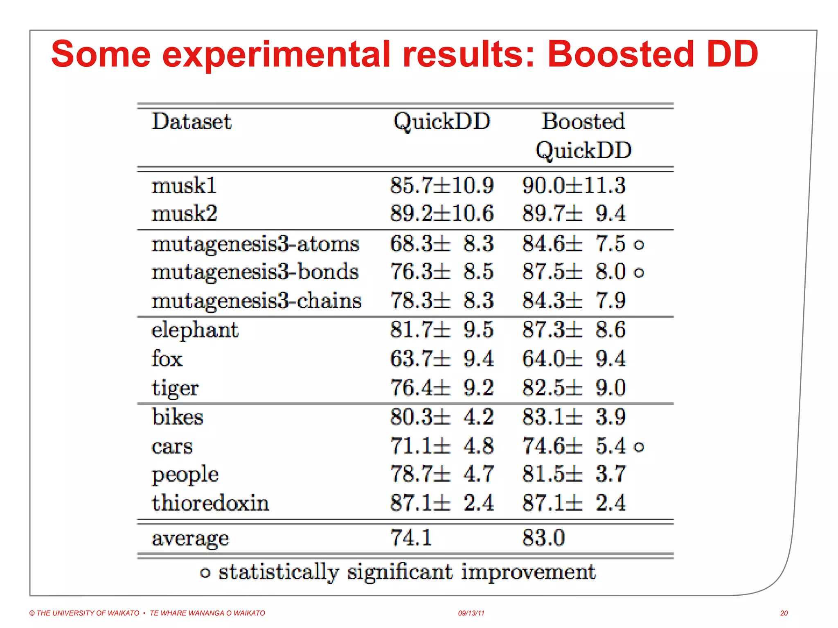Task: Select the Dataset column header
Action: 191,121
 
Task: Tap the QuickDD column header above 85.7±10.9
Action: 442,121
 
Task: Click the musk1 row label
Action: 184,186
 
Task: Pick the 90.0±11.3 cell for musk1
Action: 574,186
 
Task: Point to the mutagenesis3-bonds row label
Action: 255,272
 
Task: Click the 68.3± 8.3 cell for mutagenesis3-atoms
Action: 442,244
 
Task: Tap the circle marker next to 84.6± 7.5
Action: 639,245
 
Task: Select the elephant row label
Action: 195,330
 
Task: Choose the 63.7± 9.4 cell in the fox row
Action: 442,359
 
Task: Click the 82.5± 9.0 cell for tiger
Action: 574,388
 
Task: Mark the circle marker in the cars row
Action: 639,447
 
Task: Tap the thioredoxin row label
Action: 210,503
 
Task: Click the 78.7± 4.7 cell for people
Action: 442,474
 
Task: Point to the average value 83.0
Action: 543,538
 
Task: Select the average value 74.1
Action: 411,538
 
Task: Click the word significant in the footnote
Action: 400,572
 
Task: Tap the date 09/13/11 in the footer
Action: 471,613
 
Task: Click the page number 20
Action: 784,613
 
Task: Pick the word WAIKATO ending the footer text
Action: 249,613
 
